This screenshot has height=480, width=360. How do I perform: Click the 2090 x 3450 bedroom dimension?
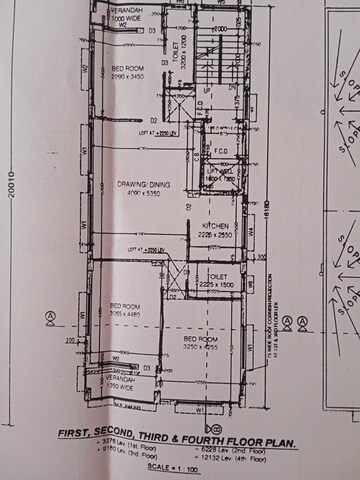[129, 77]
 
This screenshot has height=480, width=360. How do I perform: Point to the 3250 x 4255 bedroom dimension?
[199, 350]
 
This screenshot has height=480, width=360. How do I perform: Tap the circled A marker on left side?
[49, 320]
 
